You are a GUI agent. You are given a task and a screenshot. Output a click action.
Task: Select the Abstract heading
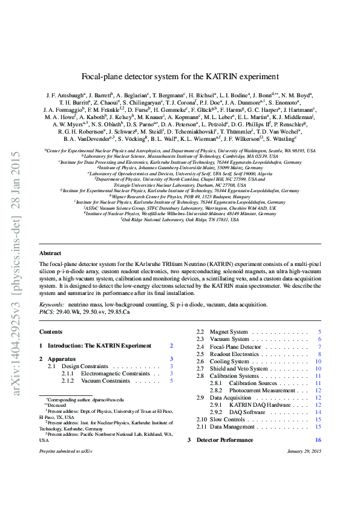(50, 270)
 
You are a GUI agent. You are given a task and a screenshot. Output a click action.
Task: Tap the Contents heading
(50, 332)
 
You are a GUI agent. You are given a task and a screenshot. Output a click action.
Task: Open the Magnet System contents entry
(229, 332)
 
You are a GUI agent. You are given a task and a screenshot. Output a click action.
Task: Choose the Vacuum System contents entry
(229, 339)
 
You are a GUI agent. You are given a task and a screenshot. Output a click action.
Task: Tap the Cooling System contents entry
(229, 361)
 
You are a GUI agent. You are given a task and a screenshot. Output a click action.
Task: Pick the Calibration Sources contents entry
(253, 383)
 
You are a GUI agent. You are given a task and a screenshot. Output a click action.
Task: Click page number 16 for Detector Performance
(318, 440)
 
